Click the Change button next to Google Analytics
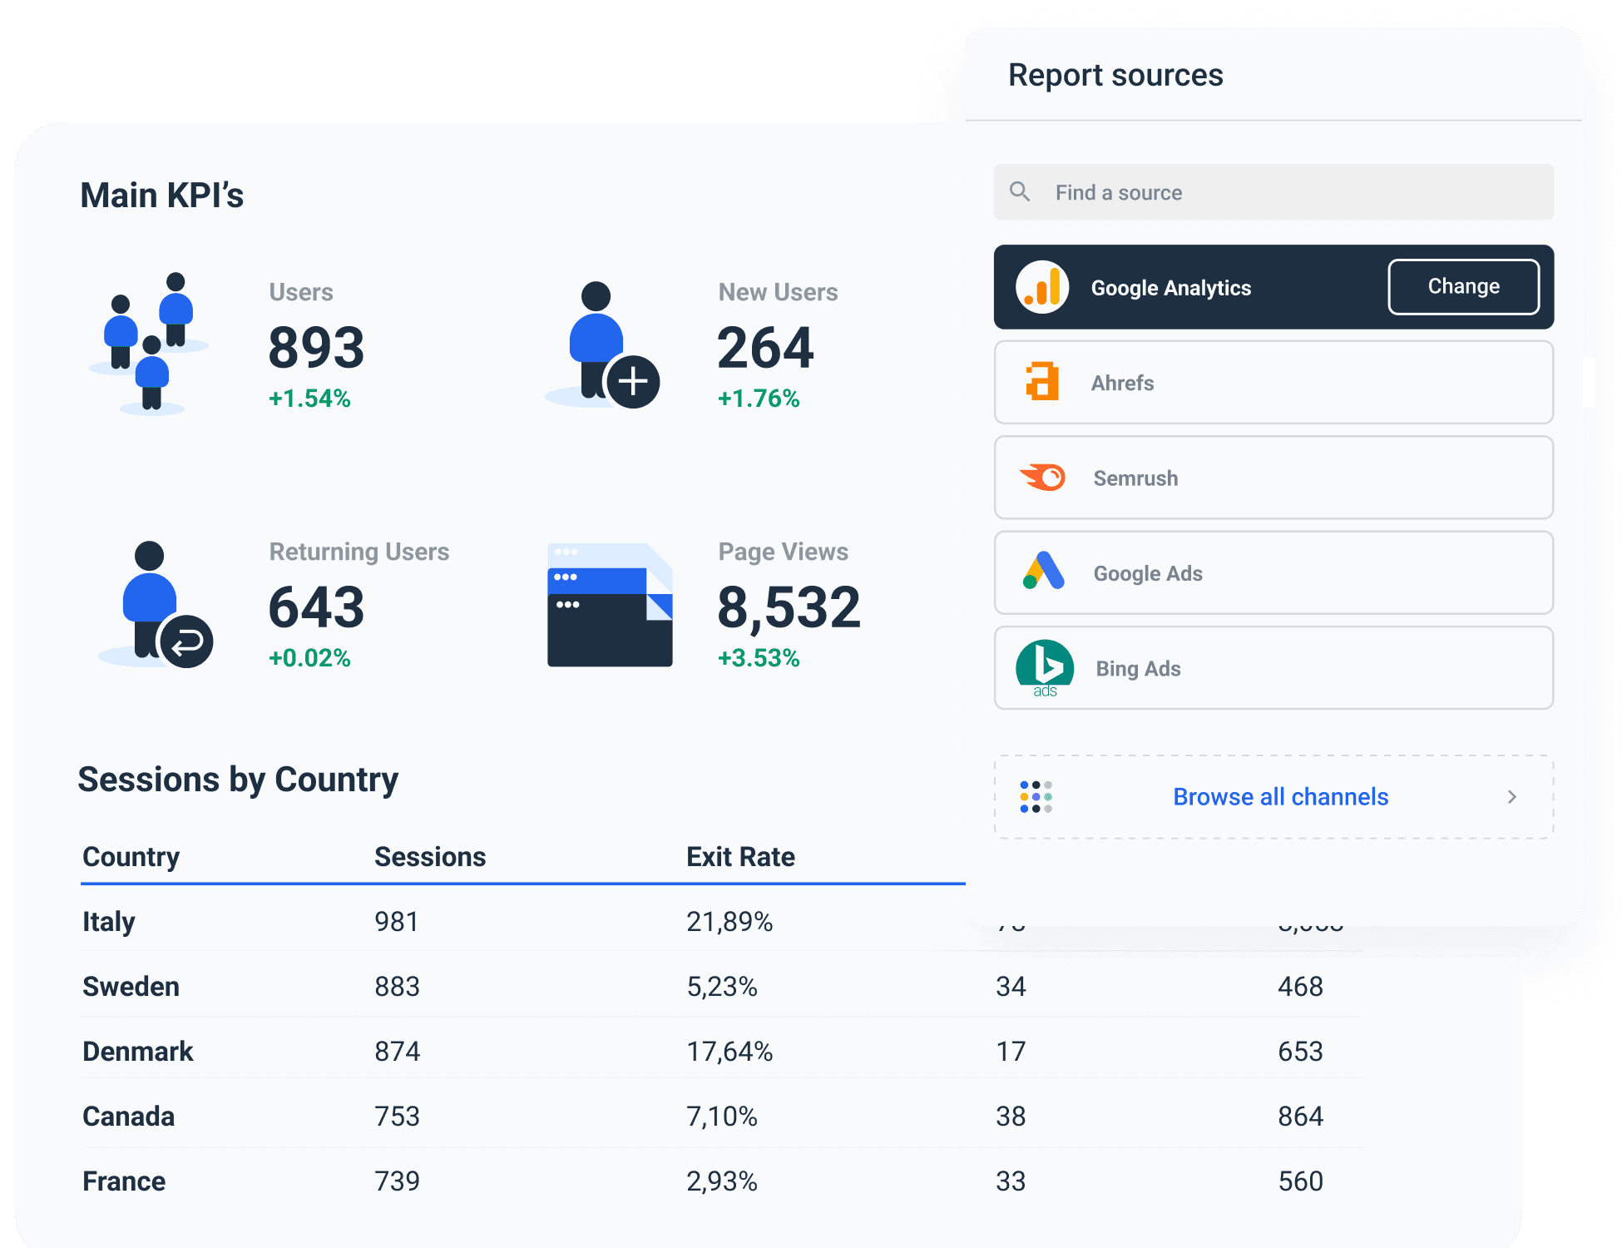pos(1463,287)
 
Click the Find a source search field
pos(1273,193)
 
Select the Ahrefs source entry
pos(1273,383)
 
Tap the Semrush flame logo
pos(1043,478)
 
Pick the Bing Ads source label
pos(1138,669)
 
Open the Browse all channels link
pos(1280,797)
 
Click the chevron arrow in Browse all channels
pos(1511,797)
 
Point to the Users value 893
pos(316,348)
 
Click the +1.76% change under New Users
pos(759,399)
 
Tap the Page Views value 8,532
pos(789,607)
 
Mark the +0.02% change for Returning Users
pos(309,658)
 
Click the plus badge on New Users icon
pos(633,382)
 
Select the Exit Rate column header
pos(740,857)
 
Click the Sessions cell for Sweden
pos(397,987)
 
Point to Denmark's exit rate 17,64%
pos(729,1052)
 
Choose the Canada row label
pos(129,1117)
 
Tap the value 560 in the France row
pos(1300,1181)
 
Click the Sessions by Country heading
pos(238,780)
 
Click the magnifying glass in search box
pos(1020,192)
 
